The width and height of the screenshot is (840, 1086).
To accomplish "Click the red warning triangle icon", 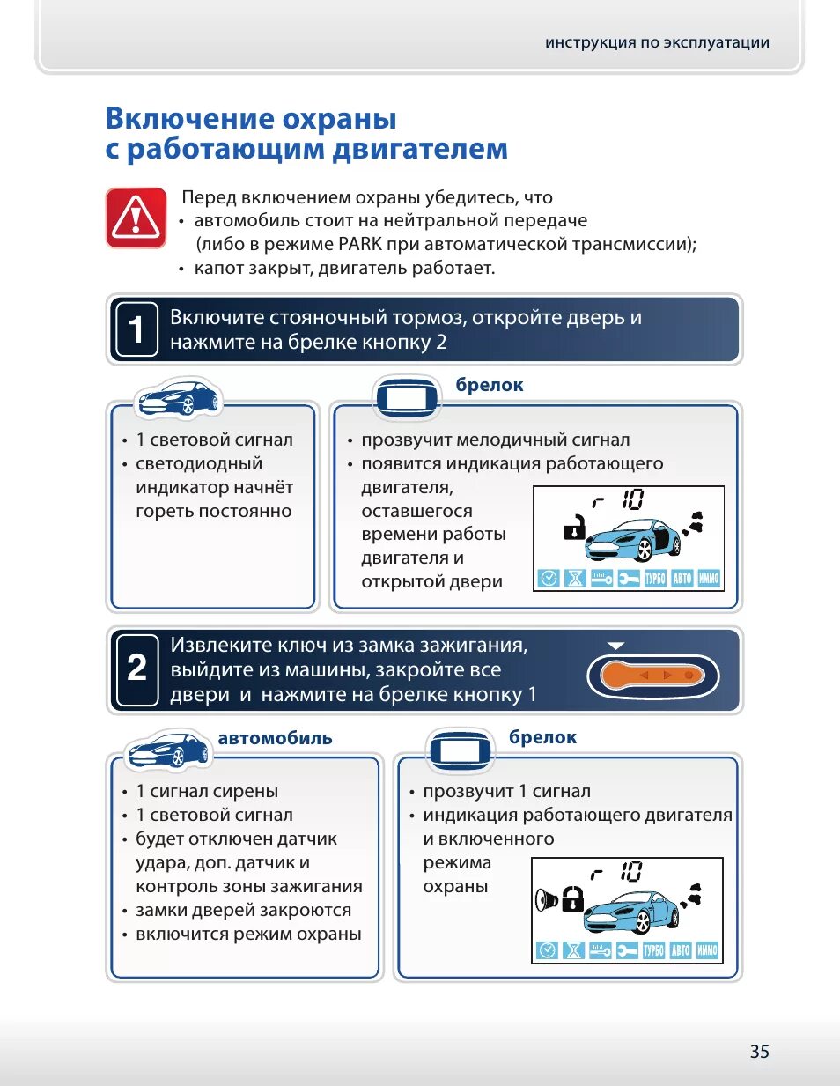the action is tap(136, 217).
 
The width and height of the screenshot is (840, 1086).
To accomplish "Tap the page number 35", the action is tap(759, 1051).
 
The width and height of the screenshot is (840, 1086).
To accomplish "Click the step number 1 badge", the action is tap(136, 329).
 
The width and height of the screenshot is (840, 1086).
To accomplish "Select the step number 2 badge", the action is tap(136, 669).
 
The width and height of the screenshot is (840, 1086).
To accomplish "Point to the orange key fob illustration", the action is tap(652, 676).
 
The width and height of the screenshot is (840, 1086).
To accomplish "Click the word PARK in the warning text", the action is tap(360, 244).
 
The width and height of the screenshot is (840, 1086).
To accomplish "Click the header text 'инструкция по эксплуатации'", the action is tap(657, 42).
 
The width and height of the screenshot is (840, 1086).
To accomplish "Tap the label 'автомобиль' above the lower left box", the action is tap(275, 738).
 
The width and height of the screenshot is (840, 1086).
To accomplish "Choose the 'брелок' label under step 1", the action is tap(490, 385).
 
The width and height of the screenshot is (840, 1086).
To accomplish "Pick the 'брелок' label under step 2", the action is tap(542, 737).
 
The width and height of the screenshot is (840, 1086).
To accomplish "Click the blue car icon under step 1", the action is tap(179, 398).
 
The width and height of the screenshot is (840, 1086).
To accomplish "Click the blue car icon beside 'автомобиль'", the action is tap(168, 750).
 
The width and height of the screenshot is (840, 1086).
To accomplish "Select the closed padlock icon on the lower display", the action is tap(572, 899).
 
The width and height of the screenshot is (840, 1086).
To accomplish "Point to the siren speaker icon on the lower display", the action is tap(547, 900).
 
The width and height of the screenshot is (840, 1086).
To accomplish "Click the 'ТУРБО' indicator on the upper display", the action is tap(654, 579).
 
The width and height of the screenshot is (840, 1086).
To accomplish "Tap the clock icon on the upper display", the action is tap(549, 579).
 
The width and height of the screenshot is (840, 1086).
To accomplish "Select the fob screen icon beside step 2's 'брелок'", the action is tap(460, 750).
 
